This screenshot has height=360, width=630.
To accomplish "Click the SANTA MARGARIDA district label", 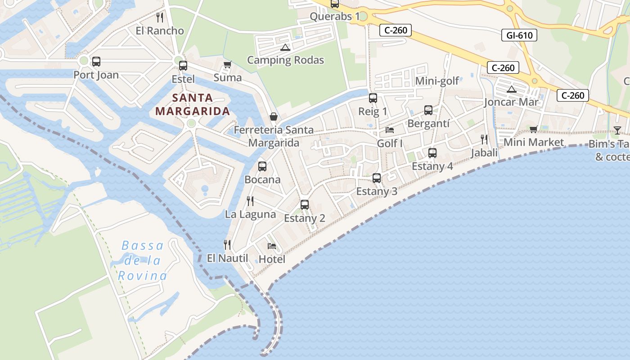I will pyautogui.click(x=193, y=104).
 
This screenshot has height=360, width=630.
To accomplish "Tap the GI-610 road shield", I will pyautogui.click(x=519, y=35).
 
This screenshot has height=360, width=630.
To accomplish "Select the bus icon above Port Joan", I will pyautogui.click(x=96, y=62).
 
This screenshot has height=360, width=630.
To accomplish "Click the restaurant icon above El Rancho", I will pyautogui.click(x=159, y=18).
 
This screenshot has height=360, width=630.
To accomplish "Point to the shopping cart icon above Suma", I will pyautogui.click(x=227, y=65).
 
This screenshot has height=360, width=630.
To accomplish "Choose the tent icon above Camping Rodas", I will pyautogui.click(x=285, y=47).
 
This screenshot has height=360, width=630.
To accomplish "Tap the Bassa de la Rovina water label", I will pyautogui.click(x=143, y=261).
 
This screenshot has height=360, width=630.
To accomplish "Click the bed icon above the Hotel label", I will pyautogui.click(x=272, y=246).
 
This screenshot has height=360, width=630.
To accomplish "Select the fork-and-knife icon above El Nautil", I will pyautogui.click(x=227, y=245).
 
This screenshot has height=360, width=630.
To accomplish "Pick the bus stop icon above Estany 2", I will pyautogui.click(x=304, y=205).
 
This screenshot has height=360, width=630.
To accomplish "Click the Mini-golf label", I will pyautogui.click(x=437, y=81).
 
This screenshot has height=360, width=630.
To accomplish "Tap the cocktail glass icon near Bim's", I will pyautogui.click(x=617, y=130).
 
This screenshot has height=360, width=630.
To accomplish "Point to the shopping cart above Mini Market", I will pyautogui.click(x=534, y=130).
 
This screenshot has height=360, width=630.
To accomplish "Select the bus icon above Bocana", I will pyautogui.click(x=262, y=166).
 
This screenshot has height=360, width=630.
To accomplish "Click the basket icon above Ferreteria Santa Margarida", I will pyautogui.click(x=274, y=117).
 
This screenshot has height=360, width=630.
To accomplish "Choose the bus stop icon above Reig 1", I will pyautogui.click(x=373, y=98).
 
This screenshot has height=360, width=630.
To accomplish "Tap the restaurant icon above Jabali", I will pyautogui.click(x=484, y=139).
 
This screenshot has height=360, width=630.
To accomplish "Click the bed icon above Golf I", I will pyautogui.click(x=390, y=130).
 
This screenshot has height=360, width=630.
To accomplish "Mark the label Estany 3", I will pyautogui.click(x=377, y=191).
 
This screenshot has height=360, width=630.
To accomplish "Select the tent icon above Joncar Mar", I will pyautogui.click(x=511, y=89).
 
